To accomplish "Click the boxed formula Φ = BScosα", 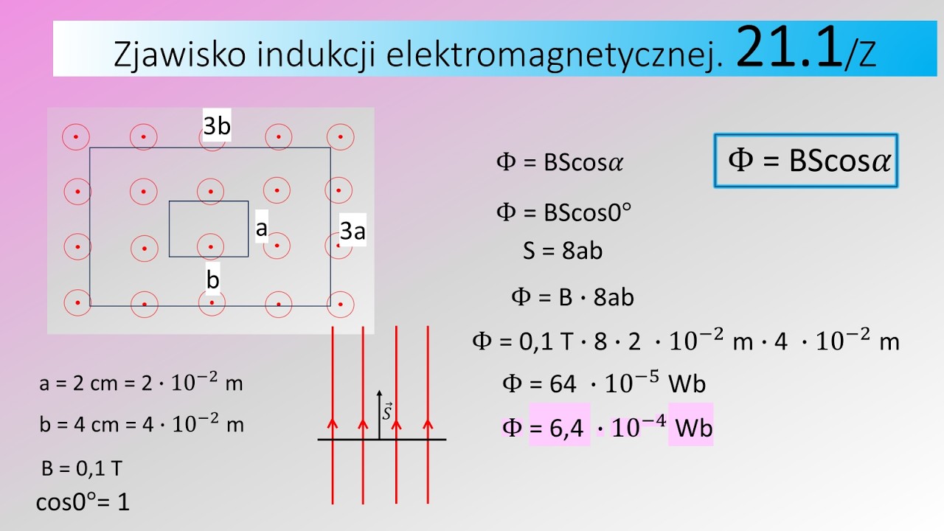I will click(805, 161).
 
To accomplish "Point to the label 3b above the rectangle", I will click(217, 127).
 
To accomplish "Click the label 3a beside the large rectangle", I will click(353, 232).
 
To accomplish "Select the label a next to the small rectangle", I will click(261, 229).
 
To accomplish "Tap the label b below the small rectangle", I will click(213, 280).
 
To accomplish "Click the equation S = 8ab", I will click(563, 251).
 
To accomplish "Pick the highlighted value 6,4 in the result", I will click(559, 428).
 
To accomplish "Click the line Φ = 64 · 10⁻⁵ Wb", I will click(604, 383).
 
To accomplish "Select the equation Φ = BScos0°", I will click(564, 212).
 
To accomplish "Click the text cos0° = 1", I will click(83, 502).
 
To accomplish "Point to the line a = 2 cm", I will click(141, 383).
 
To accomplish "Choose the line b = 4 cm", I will click(141, 424).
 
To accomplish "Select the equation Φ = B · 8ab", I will click(573, 297).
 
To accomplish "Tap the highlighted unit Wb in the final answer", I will click(693, 428).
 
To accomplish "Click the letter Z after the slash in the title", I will click(867, 57).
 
